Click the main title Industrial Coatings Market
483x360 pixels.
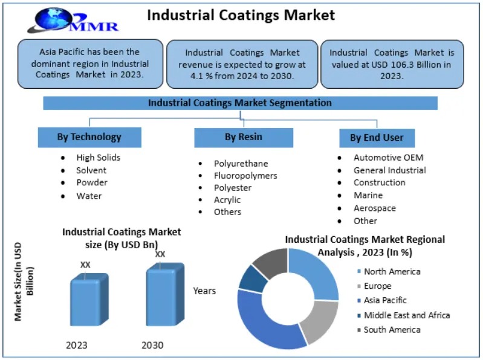coord(241,14)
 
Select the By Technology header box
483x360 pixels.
coord(89,137)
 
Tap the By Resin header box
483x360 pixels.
coord(243,137)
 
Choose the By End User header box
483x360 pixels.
coord(376,138)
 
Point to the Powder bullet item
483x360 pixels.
coord(92,182)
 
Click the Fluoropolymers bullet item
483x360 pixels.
coord(245,176)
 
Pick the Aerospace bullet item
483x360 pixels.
coord(375,208)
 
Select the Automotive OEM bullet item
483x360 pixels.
coord(389,157)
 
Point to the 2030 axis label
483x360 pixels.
coord(152,346)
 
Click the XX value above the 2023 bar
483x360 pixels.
coord(85,265)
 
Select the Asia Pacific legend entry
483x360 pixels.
coord(385,300)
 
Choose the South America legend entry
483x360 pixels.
coord(392,330)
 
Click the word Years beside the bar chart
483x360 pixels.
coord(204,291)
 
